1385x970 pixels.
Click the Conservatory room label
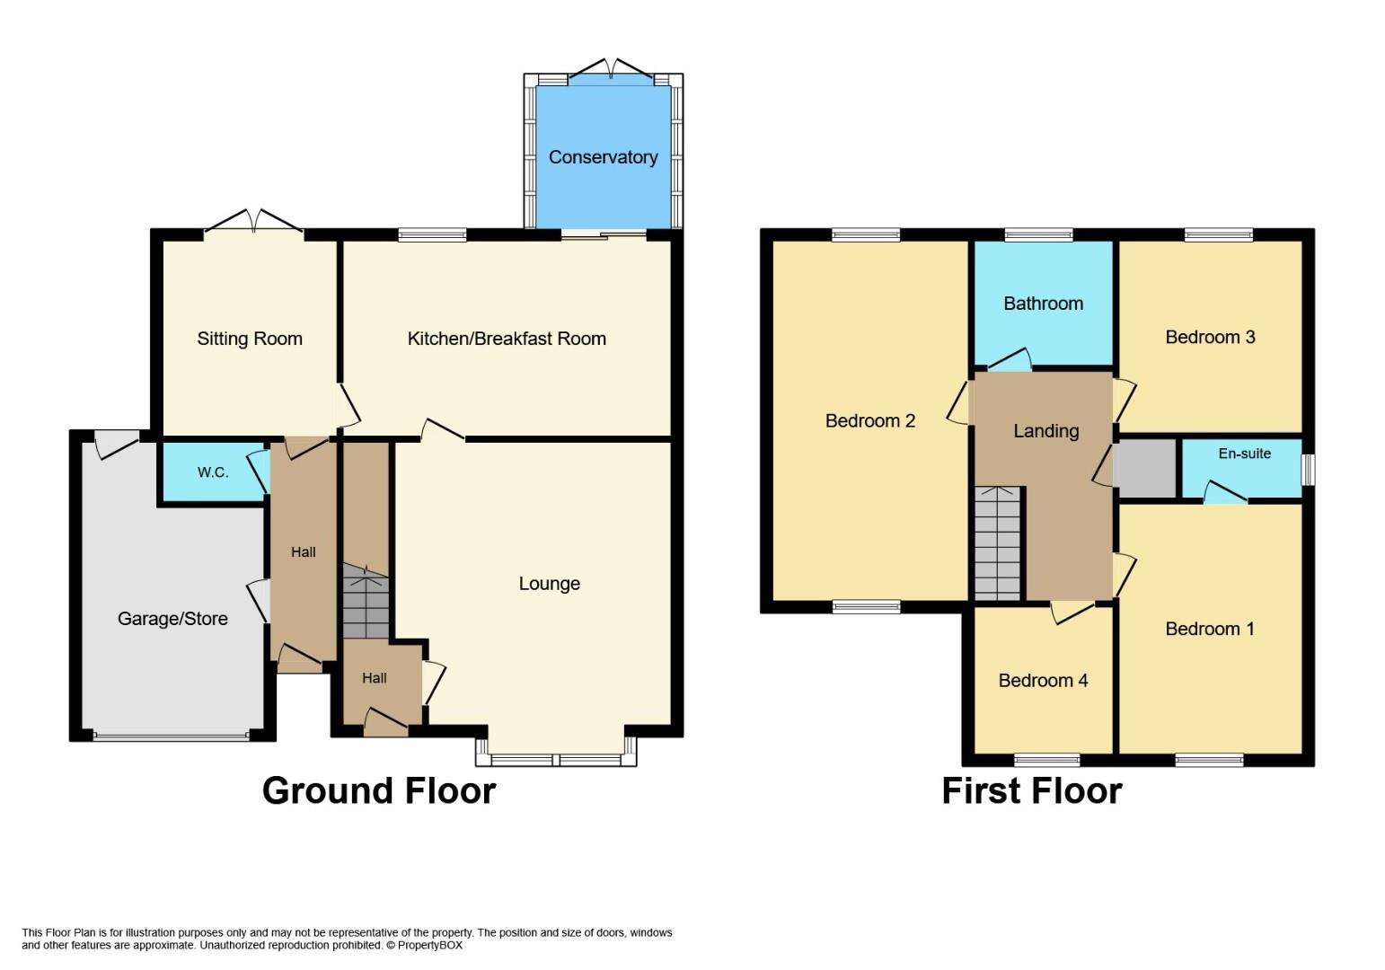pyautogui.click(x=603, y=158)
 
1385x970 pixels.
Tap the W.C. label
pyautogui.click(x=213, y=473)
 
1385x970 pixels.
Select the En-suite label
pyautogui.click(x=1245, y=454)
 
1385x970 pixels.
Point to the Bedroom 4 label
pyautogui.click(x=1043, y=681)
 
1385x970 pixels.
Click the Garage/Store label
pyautogui.click(x=172, y=619)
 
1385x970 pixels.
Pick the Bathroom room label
pyautogui.click(x=1043, y=304)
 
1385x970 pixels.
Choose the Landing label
pyautogui.click(x=1046, y=431)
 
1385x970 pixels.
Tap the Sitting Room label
pyautogui.click(x=250, y=339)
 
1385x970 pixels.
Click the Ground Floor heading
pyautogui.click(x=379, y=790)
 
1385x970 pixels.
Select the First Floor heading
pyautogui.click(x=1032, y=790)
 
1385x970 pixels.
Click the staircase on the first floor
pyautogui.click(x=997, y=543)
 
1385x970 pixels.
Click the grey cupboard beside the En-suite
pyautogui.click(x=1144, y=468)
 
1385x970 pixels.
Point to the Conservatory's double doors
pyautogui.click(x=610, y=68)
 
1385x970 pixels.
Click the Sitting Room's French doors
pyautogui.click(x=253, y=221)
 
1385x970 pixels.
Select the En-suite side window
pyautogui.click(x=1309, y=470)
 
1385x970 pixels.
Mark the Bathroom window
pyautogui.click(x=1038, y=234)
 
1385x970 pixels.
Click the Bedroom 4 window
pyautogui.click(x=1046, y=760)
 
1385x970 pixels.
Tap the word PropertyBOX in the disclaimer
pyautogui.click(x=429, y=945)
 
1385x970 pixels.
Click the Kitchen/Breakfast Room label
pyautogui.click(x=507, y=339)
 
